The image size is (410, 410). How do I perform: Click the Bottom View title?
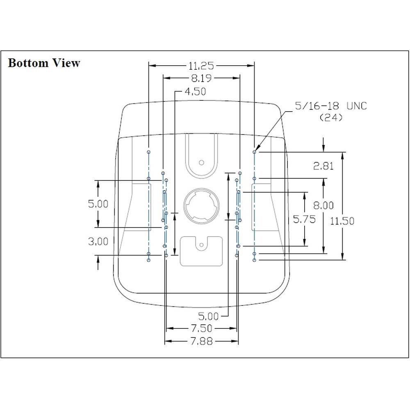point(44,63)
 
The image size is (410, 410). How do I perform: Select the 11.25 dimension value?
point(201,65)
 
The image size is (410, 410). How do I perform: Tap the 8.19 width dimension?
point(201,78)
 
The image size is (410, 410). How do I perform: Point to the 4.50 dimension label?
point(195,91)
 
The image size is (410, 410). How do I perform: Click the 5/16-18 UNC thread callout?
point(331,106)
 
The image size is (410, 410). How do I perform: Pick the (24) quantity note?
point(331,118)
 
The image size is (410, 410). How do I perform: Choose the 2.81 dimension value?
point(323,166)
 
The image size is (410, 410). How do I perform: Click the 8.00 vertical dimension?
point(324,205)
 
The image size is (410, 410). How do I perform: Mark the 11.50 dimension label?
point(342,221)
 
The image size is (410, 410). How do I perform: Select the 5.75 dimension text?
point(304,219)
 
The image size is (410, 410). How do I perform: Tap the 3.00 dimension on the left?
point(98,241)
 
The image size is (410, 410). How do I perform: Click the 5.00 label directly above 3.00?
point(98,204)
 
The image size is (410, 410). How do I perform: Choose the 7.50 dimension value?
point(201,328)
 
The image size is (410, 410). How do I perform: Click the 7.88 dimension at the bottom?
point(201,341)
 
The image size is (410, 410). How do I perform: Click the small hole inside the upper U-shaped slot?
point(201,162)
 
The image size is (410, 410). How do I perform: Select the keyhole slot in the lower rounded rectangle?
point(201,245)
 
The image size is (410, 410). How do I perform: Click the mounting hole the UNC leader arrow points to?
point(255,152)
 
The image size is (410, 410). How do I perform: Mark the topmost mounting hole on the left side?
point(148,152)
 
